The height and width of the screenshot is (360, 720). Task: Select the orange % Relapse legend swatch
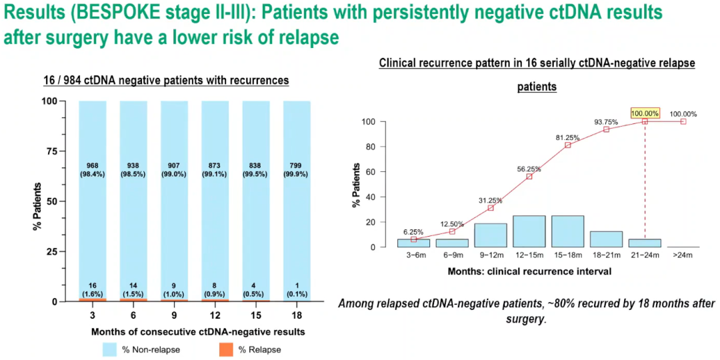click(226, 349)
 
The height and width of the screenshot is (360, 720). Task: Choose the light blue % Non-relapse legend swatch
click(111, 349)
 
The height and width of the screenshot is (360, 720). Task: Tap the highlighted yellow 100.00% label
click(645, 113)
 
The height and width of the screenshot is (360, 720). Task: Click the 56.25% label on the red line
click(529, 169)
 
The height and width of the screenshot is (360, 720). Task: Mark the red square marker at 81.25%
click(567, 145)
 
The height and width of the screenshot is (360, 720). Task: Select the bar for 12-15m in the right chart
click(529, 231)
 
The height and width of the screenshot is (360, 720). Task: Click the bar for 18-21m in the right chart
click(606, 239)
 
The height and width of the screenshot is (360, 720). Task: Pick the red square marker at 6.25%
click(413, 239)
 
